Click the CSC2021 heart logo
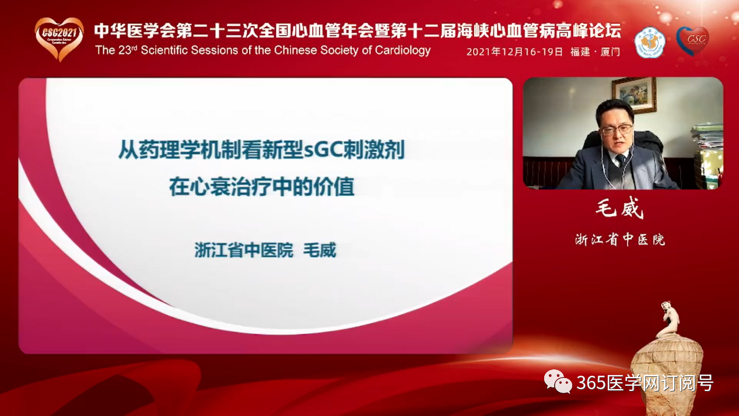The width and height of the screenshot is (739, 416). tap(59, 39)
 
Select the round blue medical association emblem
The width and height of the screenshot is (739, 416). tap(650, 43)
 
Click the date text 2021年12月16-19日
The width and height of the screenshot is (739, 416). tap(514, 52)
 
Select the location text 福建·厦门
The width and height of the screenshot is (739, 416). tap(595, 52)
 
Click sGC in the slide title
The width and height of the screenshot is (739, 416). tap(323, 150)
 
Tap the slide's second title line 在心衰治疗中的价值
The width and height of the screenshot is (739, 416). tap(262, 187)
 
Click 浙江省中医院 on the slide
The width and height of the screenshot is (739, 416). tap(244, 250)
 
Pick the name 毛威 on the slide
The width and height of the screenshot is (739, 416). tap(320, 250)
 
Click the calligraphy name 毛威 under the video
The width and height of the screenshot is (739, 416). tap(619, 208)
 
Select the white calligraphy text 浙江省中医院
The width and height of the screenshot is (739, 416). tap(620, 239)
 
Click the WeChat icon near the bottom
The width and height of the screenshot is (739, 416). tap(558, 382)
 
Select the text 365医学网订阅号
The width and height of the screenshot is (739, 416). tap(645, 383)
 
